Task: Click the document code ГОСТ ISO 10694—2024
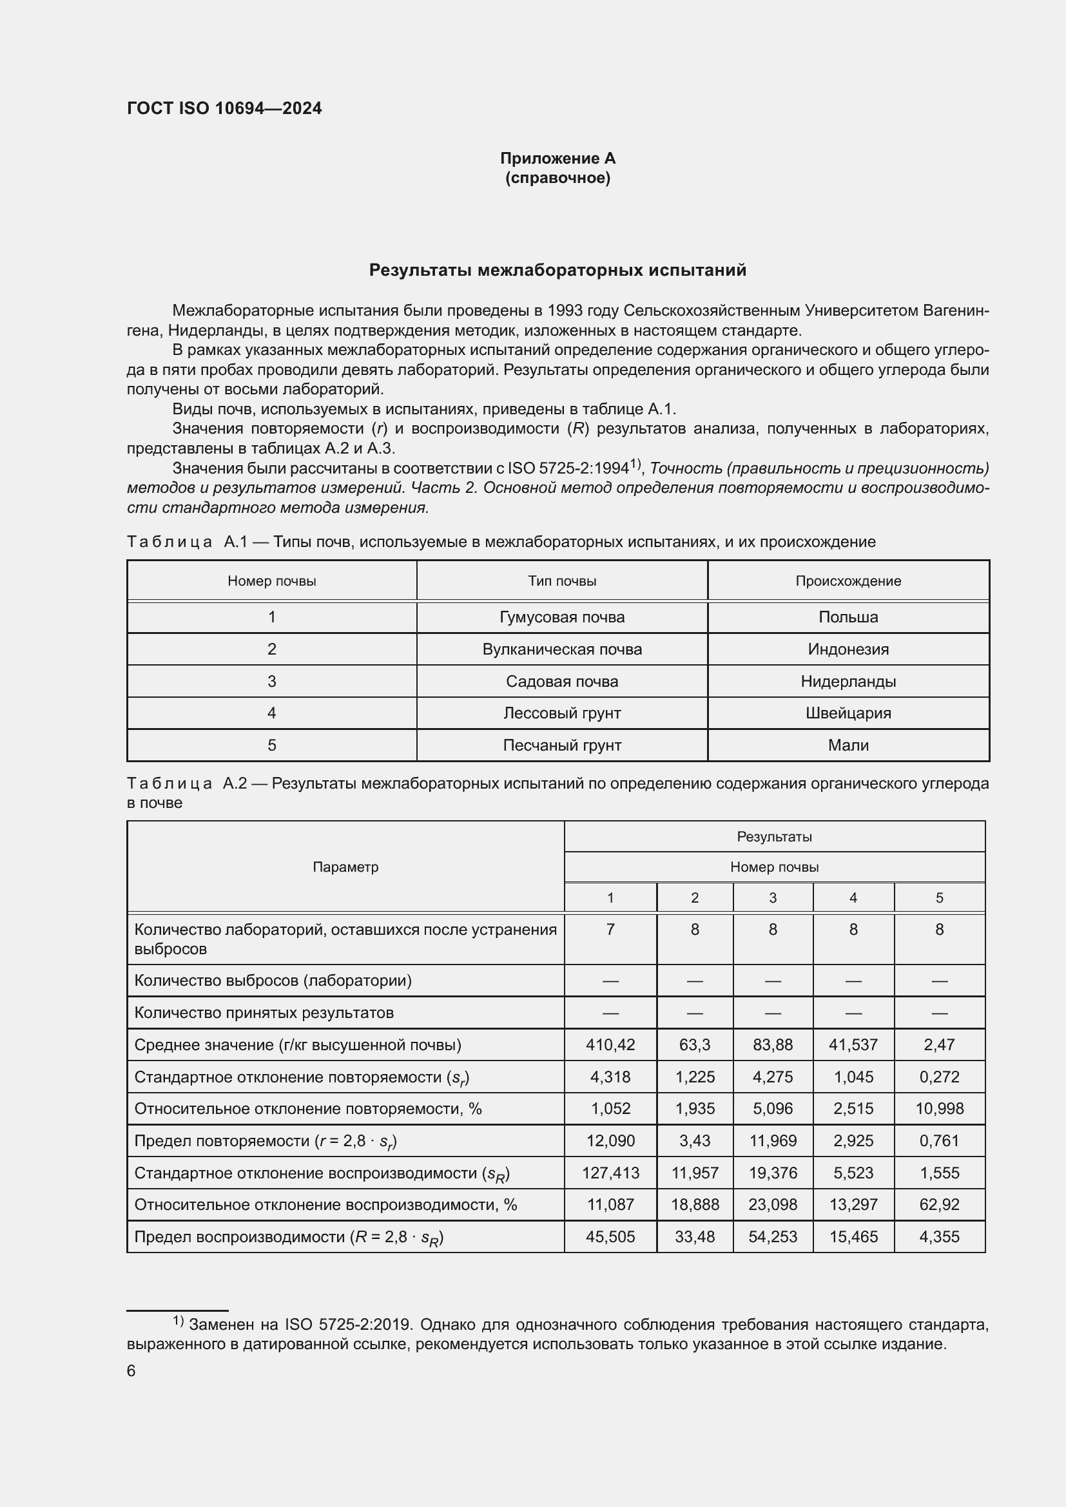pyautogui.click(x=224, y=108)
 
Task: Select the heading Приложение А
pyautogui.click(x=557, y=158)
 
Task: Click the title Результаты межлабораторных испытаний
pyautogui.click(x=557, y=271)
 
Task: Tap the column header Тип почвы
pyautogui.click(x=562, y=581)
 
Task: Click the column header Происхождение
pyautogui.click(x=848, y=581)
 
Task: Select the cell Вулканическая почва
pyautogui.click(x=562, y=649)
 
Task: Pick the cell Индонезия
pyautogui.click(x=848, y=649)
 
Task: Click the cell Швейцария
pyautogui.click(x=848, y=713)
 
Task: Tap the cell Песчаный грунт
pyautogui.click(x=562, y=745)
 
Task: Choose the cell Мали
pyautogui.click(x=848, y=745)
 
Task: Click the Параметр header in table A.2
pyautogui.click(x=345, y=867)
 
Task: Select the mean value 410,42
pyautogui.click(x=610, y=1045)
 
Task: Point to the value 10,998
pyautogui.click(x=939, y=1109)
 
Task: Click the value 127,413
pyautogui.click(x=610, y=1173)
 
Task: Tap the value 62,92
pyautogui.click(x=939, y=1204)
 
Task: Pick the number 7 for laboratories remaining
pyautogui.click(x=610, y=930)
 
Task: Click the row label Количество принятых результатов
pyautogui.click(x=264, y=1013)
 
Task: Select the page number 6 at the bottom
pyautogui.click(x=131, y=1371)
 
